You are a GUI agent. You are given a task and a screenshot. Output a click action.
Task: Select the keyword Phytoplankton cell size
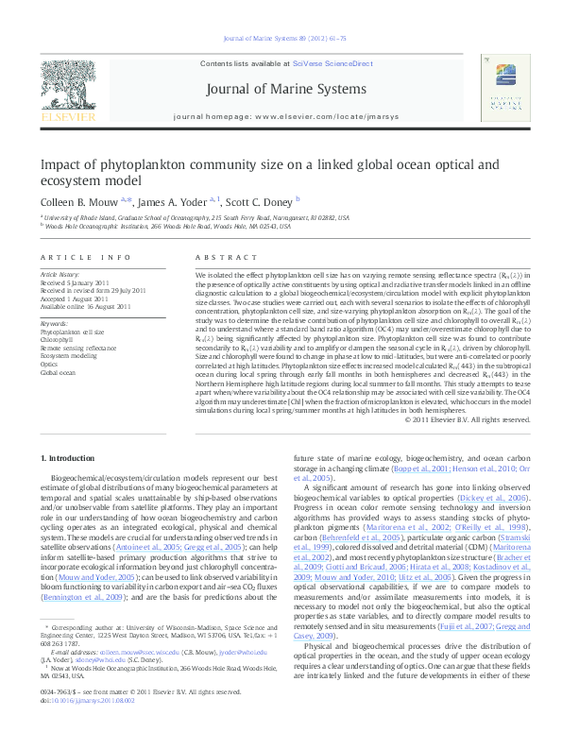click(72, 332)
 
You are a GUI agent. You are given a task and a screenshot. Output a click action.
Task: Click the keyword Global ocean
click(57, 373)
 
